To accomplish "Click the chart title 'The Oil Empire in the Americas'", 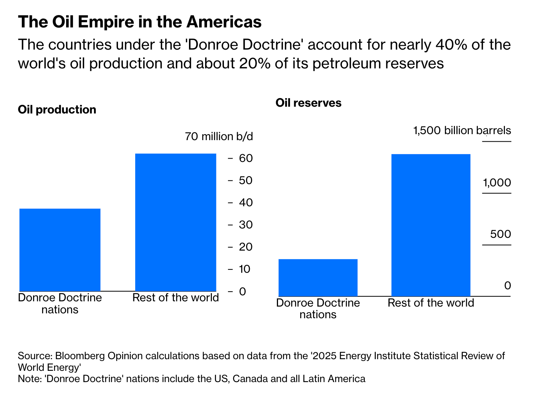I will point(140,22).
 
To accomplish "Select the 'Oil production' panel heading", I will point(57,110).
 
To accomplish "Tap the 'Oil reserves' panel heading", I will point(308,103).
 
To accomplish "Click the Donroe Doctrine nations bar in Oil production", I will point(60,249).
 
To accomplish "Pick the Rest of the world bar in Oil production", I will point(175,222).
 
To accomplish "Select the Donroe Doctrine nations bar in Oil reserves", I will point(318,277).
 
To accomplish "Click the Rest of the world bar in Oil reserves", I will point(431,225).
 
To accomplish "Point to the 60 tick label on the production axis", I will point(246,158).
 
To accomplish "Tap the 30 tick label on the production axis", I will point(246,225).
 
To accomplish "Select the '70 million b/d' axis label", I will point(219,136).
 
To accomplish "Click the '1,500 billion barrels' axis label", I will point(462,131).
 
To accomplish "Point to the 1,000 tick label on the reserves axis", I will point(497,183).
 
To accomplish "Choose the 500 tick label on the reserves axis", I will point(500,234).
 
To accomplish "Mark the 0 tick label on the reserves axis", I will point(508,286).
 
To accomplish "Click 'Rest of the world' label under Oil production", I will point(175,298).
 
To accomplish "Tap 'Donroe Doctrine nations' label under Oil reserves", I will point(318,308).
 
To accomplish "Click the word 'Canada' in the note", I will point(251,379).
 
